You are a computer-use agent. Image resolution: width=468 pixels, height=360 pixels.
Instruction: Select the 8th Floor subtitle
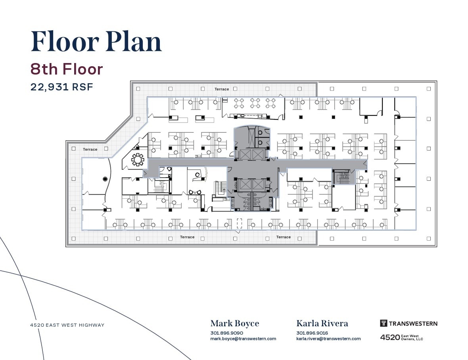tap(67, 69)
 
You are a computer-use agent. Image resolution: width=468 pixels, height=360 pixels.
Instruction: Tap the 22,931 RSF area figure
tap(61, 87)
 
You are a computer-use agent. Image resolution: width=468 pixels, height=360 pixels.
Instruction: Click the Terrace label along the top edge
tap(222, 89)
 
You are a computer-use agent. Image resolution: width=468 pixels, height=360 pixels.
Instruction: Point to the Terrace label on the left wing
tap(90, 149)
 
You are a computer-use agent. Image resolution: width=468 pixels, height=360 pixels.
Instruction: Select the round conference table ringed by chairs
tap(138, 159)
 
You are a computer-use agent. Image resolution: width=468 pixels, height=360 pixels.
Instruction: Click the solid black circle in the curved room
tap(105, 179)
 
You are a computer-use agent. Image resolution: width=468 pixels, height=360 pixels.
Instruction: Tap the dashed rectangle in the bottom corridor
tap(239, 223)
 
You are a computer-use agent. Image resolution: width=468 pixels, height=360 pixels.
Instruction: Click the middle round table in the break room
tap(255, 103)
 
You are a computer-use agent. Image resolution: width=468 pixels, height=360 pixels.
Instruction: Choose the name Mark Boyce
tap(234, 324)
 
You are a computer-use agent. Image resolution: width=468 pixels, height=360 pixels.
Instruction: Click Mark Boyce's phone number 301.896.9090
tap(226, 333)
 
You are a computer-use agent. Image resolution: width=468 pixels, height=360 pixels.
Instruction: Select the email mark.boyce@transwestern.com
tap(243, 339)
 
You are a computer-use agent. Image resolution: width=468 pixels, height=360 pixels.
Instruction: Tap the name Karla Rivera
tap(322, 324)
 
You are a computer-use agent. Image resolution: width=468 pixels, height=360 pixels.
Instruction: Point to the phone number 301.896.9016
tap(312, 333)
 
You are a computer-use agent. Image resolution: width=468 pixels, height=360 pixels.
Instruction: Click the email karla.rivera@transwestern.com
tap(328, 339)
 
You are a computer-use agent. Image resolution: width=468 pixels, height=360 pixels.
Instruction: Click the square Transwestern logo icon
tap(384, 323)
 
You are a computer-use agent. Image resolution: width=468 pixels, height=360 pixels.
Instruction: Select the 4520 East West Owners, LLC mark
tap(401, 337)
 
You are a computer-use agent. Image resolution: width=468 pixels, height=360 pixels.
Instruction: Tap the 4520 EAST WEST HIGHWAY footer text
tap(67, 325)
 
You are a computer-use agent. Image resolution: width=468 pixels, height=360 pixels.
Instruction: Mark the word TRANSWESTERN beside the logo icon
tap(413, 324)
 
